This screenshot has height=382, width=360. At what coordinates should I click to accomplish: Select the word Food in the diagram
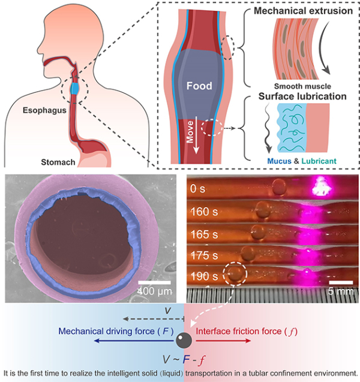point(199,86)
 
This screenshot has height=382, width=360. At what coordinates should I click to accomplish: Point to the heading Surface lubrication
point(303,95)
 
